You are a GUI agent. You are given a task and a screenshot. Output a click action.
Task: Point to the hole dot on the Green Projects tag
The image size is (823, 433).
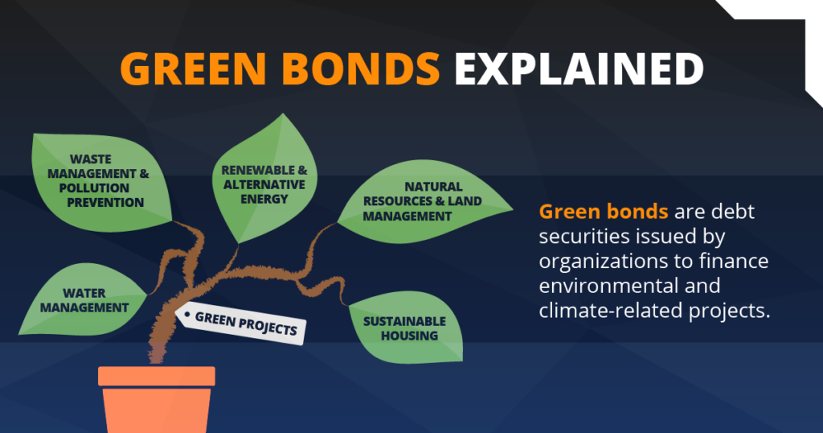coord(187,313)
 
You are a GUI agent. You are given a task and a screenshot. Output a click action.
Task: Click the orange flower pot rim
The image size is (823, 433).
coord(157,376)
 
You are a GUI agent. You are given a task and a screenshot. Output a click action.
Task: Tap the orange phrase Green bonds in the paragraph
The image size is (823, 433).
coord(604,212)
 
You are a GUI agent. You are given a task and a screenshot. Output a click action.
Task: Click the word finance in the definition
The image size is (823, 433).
coord(735,262)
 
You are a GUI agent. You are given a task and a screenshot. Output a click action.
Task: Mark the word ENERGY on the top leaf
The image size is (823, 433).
coord(264,199)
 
